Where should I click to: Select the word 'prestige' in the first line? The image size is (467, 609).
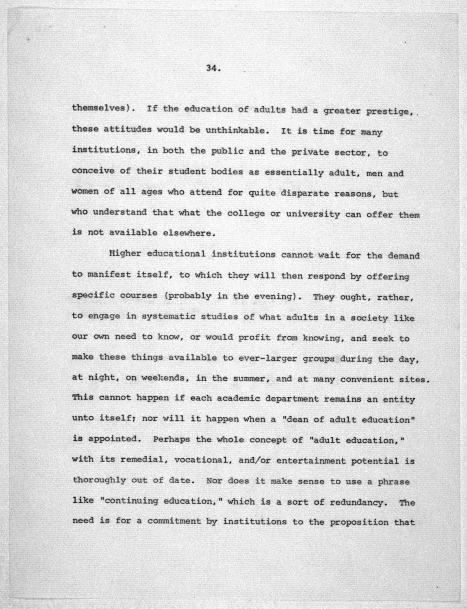pyautogui.click(x=388, y=112)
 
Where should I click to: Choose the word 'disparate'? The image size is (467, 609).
pyautogui.click(x=305, y=193)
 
